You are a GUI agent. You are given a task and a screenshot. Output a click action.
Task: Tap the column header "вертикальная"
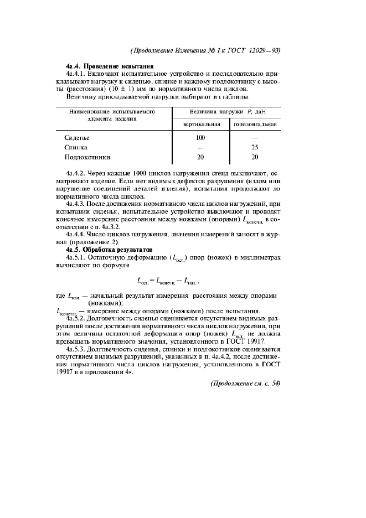[200, 125]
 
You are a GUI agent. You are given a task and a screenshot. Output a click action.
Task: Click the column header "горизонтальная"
[255, 125]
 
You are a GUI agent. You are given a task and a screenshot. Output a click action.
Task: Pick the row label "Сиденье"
[77, 138]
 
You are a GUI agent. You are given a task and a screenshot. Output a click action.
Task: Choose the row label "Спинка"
[76, 147]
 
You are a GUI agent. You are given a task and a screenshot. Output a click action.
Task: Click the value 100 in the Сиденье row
[200, 138]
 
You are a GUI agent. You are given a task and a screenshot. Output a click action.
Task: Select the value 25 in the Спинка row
[255, 147]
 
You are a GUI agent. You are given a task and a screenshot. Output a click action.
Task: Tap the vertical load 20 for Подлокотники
[200, 157]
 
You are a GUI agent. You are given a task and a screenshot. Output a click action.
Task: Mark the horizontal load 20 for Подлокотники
[255, 157]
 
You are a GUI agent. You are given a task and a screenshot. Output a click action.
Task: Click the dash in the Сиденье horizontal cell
[255, 138]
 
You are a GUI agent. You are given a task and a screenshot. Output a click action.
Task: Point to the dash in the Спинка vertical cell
[200, 147]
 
